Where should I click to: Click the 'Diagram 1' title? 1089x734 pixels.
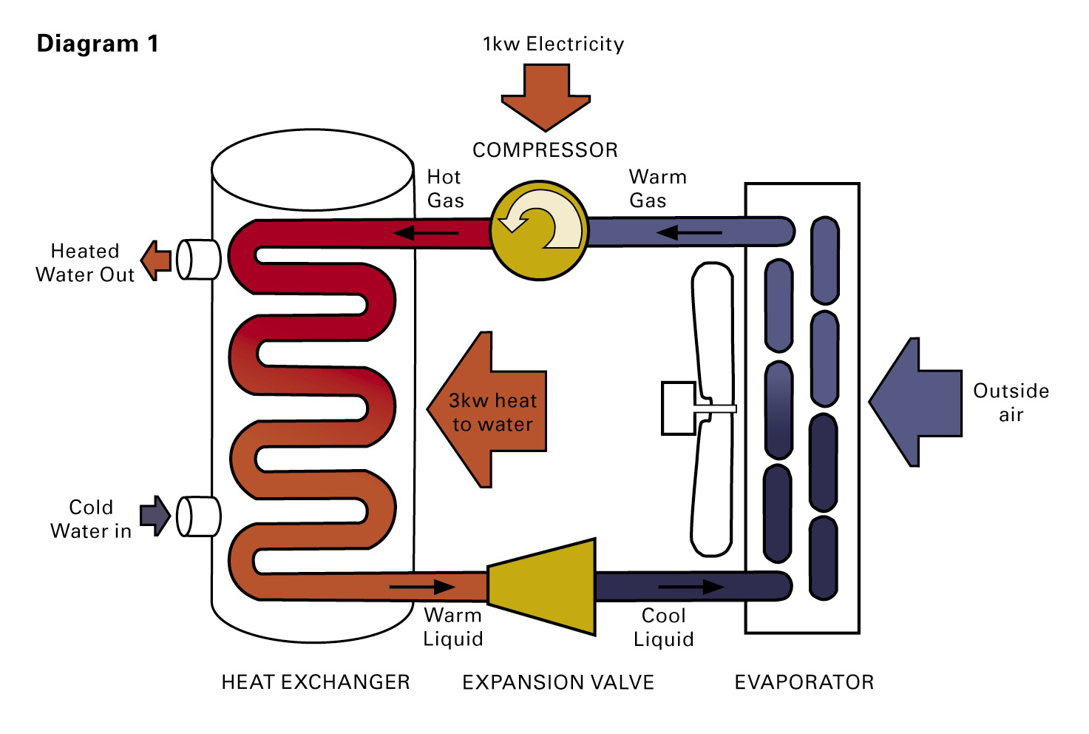[x=97, y=44]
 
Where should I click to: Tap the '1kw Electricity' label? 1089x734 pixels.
[x=553, y=44]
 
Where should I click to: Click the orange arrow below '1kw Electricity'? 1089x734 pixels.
[x=546, y=96]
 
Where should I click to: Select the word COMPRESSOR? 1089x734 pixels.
[x=545, y=150]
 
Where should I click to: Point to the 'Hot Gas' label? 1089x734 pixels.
[x=445, y=189]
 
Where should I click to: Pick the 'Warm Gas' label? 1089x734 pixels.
[x=657, y=189]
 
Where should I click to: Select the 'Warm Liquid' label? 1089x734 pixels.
[x=452, y=627]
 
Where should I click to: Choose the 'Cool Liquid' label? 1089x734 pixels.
[x=663, y=627]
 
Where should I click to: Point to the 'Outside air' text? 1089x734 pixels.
[x=1011, y=402]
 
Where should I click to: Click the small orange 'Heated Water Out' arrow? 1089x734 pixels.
[x=156, y=260]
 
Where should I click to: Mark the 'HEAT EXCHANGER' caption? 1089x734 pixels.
[x=316, y=682]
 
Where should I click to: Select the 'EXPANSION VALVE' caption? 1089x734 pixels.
[x=558, y=682]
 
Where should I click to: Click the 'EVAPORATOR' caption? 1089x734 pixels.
[x=804, y=682]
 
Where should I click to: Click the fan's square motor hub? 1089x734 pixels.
[x=678, y=408]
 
